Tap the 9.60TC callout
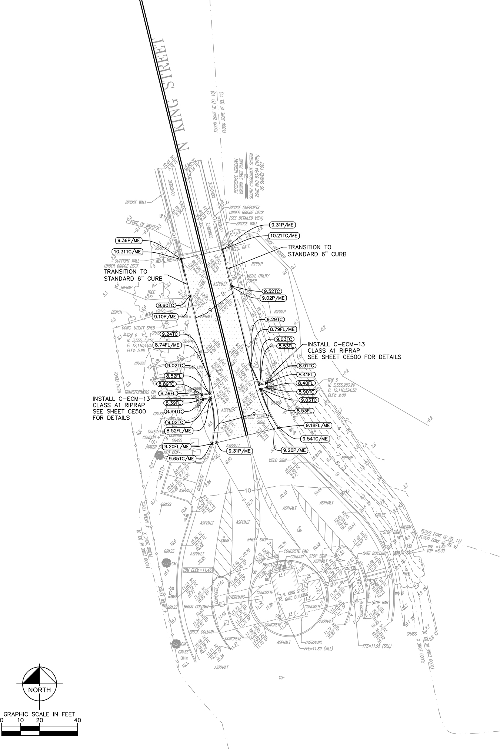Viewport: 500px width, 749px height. tap(166, 305)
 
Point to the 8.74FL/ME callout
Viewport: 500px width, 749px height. tap(168, 345)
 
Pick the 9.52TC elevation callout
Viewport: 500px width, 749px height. tap(271, 291)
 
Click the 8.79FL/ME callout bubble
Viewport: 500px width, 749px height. tap(282, 329)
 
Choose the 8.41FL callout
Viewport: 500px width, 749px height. tap(306, 374)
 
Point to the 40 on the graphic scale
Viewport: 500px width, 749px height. tap(77, 721)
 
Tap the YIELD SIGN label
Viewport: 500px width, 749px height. tap(278, 461)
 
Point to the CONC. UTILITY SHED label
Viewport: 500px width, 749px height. tap(139, 328)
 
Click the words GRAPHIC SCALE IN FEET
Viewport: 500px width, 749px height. tap(40, 714)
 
